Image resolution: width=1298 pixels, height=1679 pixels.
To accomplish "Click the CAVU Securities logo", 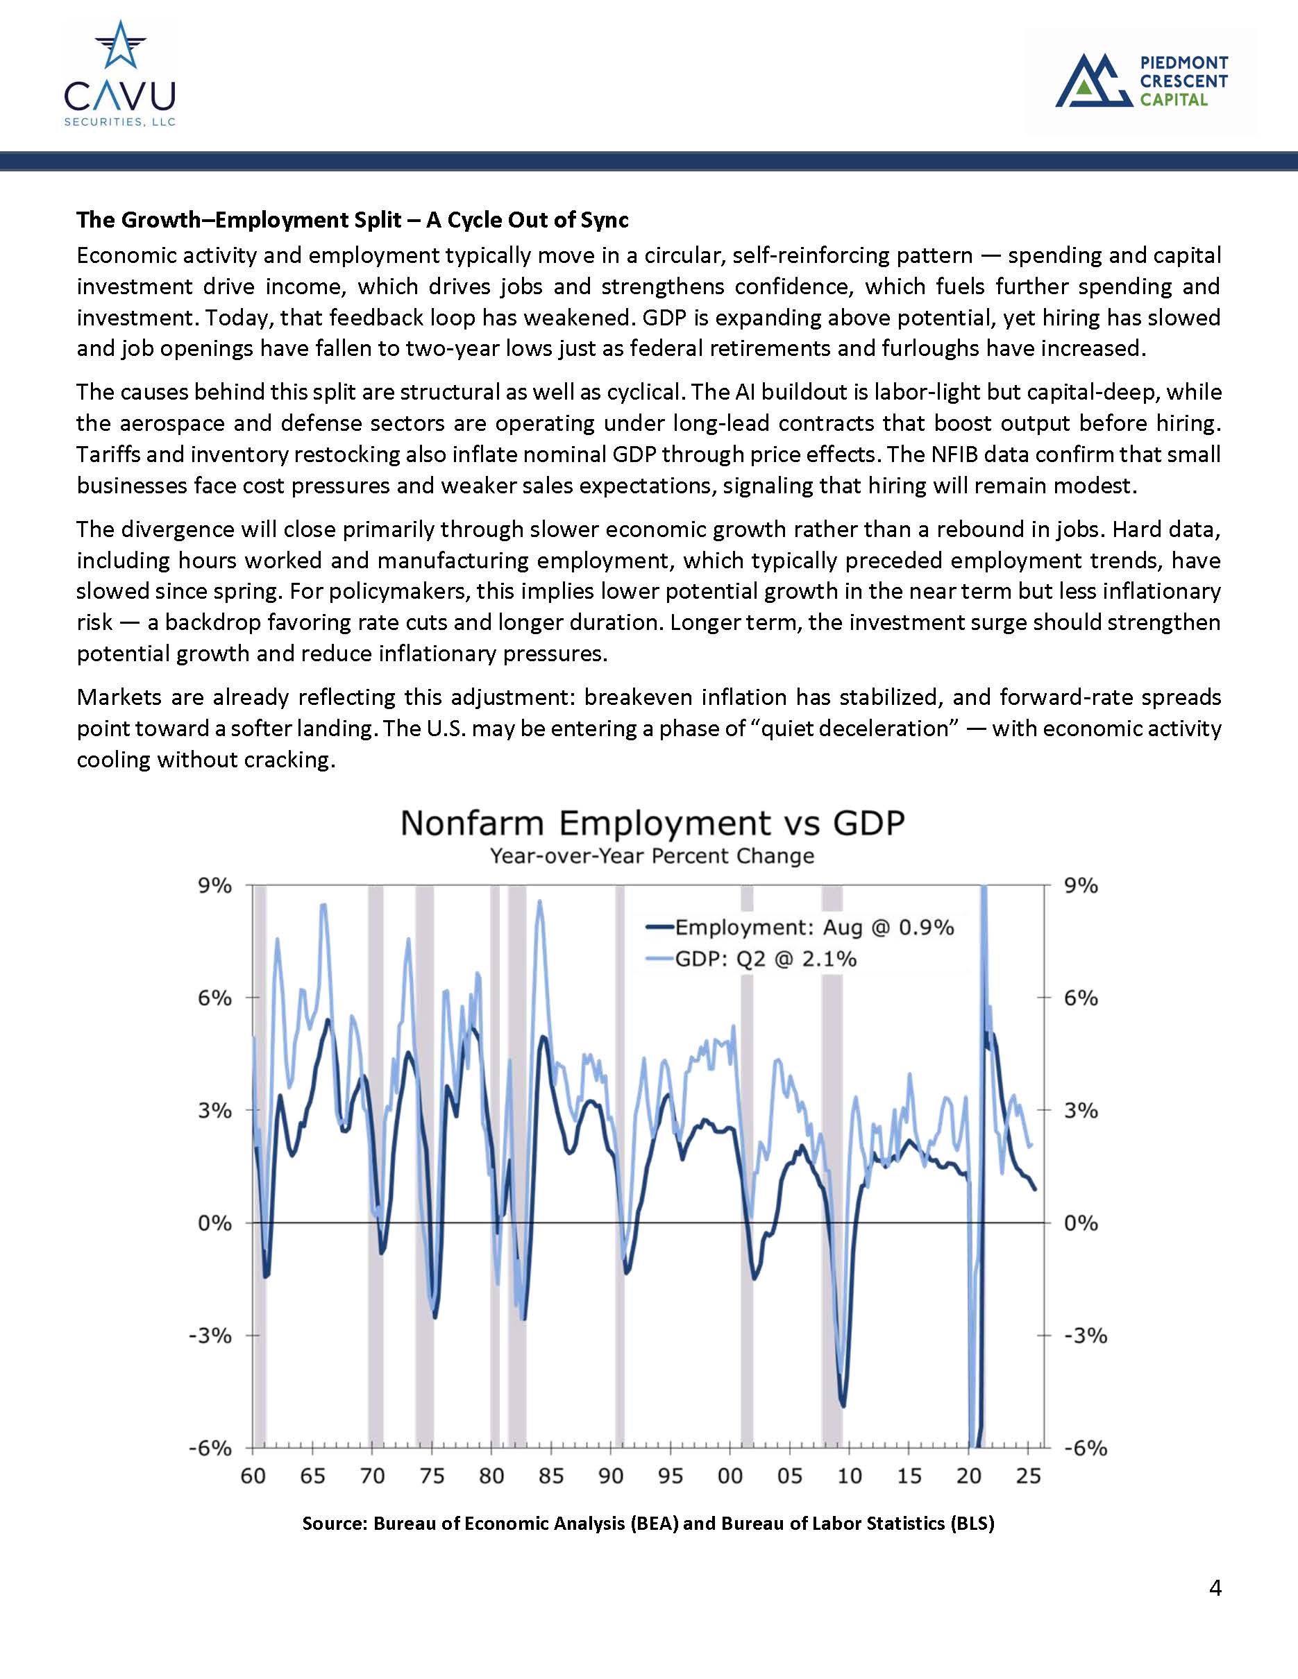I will [x=120, y=74].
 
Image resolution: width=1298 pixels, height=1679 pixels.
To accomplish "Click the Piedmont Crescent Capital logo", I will [x=1141, y=80].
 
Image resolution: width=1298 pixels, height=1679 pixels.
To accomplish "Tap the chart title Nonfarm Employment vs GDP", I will [x=652, y=824].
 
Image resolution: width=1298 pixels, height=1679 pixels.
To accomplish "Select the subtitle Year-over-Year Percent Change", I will [x=652, y=855].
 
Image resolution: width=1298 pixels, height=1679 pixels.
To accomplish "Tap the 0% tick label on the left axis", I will [x=215, y=1223].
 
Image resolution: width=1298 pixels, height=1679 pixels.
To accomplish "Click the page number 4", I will [x=1215, y=1587].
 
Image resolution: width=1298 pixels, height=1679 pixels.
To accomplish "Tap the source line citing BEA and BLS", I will [x=648, y=1523].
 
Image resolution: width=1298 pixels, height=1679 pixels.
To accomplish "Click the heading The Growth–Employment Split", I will [x=352, y=220].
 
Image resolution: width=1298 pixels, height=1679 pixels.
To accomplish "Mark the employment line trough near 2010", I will [x=843, y=1406].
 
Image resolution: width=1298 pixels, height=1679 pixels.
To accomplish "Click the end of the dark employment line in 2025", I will [x=1035, y=1189].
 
